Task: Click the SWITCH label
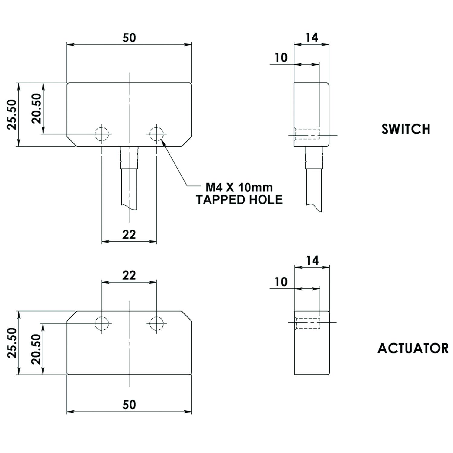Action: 406,129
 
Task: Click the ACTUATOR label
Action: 413,348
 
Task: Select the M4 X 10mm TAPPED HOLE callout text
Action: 239,194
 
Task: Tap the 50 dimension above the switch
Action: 129,38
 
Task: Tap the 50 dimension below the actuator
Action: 129,404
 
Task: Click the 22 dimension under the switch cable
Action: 129,234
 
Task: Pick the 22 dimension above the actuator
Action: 129,275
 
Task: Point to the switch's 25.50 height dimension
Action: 12,114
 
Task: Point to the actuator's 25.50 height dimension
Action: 12,343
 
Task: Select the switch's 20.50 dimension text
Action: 37,108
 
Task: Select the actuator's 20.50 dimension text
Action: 37,349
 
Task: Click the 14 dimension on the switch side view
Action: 312,37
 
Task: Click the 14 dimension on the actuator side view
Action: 312,260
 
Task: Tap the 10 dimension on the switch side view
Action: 281,58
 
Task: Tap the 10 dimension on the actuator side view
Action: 281,282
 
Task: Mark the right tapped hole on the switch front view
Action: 156,133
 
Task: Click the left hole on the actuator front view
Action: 102,323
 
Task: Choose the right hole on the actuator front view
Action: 156,323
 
